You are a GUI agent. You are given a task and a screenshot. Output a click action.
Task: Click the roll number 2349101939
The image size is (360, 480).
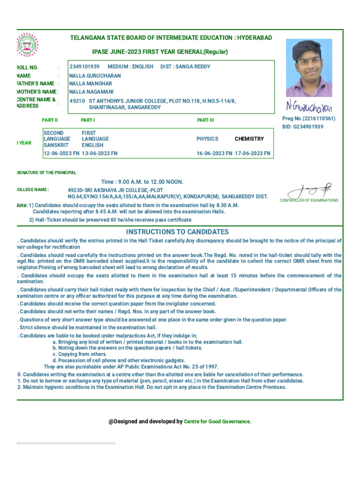pyautogui.click(x=84, y=67)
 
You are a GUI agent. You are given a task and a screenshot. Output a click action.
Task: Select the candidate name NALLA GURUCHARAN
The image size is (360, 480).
pyautogui.click(x=95, y=75)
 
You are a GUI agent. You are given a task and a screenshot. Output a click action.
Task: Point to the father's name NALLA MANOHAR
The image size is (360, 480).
pyautogui.click(x=90, y=83)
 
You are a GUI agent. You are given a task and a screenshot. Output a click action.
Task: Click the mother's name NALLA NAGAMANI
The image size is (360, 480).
pyautogui.click(x=91, y=92)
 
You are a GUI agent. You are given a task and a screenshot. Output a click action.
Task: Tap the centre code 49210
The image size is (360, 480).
pyautogui.click(x=77, y=101)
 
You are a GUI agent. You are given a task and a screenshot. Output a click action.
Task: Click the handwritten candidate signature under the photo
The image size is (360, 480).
pyautogui.click(x=309, y=107)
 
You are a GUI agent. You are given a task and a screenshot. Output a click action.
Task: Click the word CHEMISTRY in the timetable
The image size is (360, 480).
pyautogui.click(x=249, y=139)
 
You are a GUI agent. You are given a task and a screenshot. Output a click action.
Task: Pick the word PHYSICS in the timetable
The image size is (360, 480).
pyautogui.click(x=207, y=139)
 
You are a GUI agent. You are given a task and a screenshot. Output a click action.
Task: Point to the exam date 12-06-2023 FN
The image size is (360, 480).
pyautogui.click(x=61, y=153)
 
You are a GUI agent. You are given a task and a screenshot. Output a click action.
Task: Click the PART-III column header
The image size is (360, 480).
pyautogui.click(x=205, y=120)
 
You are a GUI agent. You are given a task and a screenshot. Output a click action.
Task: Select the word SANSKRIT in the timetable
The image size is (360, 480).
pyautogui.click(x=56, y=145)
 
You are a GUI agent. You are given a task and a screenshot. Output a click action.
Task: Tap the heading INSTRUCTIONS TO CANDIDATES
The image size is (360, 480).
pyautogui.click(x=177, y=232)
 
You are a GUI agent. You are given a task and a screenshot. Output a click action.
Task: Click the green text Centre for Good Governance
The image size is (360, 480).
pyautogui.click(x=217, y=421)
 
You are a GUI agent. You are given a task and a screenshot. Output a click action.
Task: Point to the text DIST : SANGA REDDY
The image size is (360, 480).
pyautogui.click(x=185, y=67)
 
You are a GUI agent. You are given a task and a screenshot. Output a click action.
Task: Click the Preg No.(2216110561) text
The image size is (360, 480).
pyautogui.click(x=308, y=119)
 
